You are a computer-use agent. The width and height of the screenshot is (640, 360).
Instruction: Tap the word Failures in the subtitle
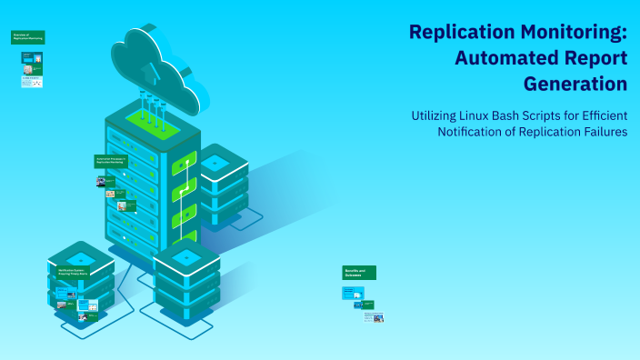599,133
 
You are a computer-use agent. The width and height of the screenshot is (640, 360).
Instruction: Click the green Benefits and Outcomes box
359,273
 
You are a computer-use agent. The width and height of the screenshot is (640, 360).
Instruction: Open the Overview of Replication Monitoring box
27,37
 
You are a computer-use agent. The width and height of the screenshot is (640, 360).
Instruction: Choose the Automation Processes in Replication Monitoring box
112,161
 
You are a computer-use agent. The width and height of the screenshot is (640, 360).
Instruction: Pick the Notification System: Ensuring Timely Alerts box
73,272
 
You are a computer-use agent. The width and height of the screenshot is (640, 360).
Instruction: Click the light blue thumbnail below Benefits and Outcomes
353,293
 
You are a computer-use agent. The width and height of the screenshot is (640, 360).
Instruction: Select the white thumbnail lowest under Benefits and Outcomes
373,316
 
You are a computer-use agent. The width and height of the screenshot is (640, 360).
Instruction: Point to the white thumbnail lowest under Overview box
32,82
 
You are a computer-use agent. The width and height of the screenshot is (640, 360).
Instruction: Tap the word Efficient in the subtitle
599,115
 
